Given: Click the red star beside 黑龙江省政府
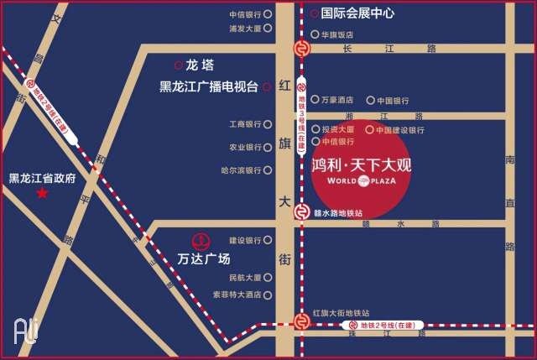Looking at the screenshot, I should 41,194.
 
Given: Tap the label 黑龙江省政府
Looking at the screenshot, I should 43,178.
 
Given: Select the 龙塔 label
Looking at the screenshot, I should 201,65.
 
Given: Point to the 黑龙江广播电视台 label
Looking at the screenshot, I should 209,86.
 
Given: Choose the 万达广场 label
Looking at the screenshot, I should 204,258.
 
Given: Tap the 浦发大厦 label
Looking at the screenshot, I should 244,29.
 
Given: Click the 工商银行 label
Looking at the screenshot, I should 245,124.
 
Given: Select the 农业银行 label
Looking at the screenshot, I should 245,147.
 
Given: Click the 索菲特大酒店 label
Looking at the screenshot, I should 237,295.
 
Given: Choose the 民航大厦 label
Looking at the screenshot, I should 245,278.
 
